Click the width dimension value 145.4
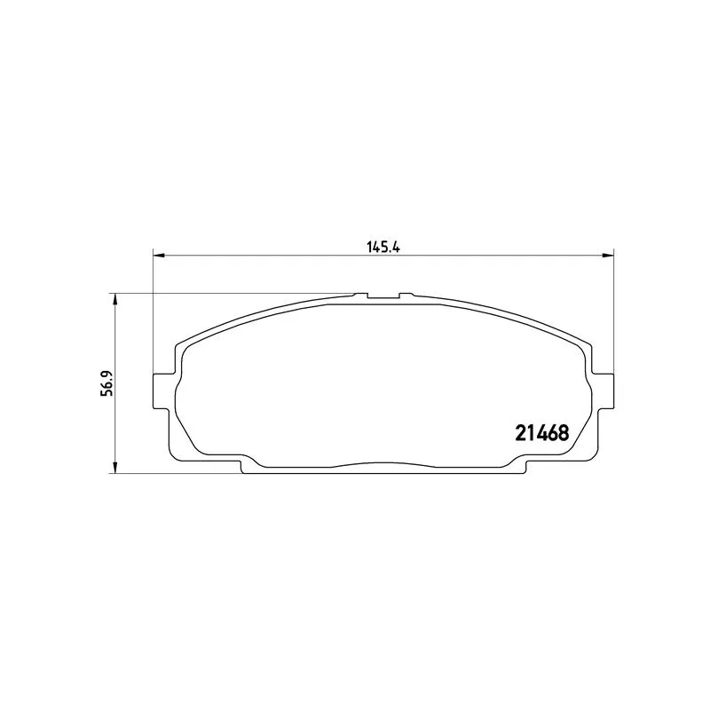[x=383, y=248]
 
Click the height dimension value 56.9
[x=106, y=383]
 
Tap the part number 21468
[x=542, y=433]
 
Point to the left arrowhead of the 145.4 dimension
[x=159, y=256]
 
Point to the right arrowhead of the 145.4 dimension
[x=609, y=256]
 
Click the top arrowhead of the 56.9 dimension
[x=115, y=299]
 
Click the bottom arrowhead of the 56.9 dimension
[x=115, y=469]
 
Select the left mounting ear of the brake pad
[x=162, y=390]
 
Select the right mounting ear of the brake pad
[x=604, y=390]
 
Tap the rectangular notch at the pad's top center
[x=383, y=296]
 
